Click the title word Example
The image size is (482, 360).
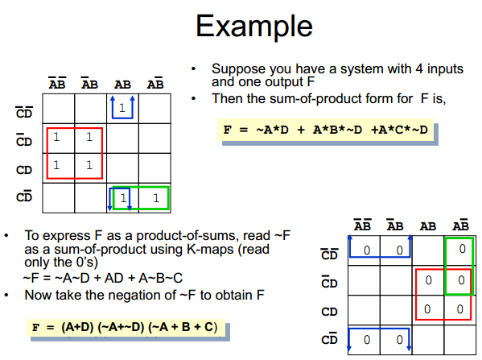pyautogui.click(x=254, y=26)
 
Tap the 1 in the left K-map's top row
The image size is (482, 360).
pyautogui.click(x=122, y=108)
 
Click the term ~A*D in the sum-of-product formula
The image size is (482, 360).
pyautogui.click(x=272, y=130)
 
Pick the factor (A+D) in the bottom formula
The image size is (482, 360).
pyautogui.click(x=77, y=327)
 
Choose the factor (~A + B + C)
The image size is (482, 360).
pyautogui.click(x=183, y=327)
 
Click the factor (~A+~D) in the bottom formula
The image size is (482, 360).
pyautogui.click(x=121, y=327)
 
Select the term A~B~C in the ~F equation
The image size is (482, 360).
pyautogui.click(x=160, y=278)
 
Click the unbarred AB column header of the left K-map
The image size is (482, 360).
pyautogui.click(x=122, y=85)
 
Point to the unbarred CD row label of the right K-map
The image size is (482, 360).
pyautogui.click(x=330, y=312)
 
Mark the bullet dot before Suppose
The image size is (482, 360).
pyautogui.click(x=193, y=68)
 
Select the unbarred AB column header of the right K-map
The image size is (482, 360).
pyautogui.click(x=428, y=227)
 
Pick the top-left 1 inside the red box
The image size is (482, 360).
pyautogui.click(x=56, y=137)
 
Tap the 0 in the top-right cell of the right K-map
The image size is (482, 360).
pyautogui.click(x=462, y=249)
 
